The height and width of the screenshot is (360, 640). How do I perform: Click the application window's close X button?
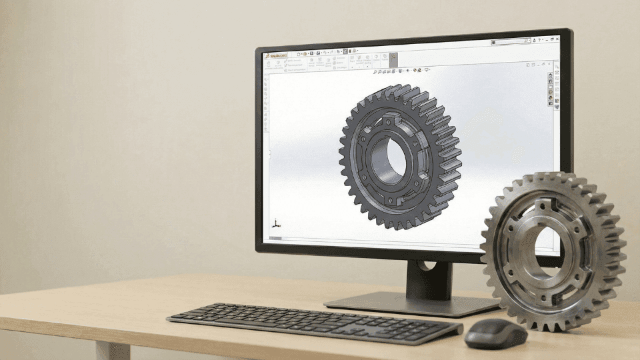pyautogui.click(x=557, y=39)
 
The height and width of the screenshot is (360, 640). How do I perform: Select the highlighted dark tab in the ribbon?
pyautogui.click(x=393, y=59)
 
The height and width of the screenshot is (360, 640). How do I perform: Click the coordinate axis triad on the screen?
pyautogui.click(x=275, y=224)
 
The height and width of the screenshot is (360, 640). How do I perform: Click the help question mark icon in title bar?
pyautogui.click(x=539, y=40)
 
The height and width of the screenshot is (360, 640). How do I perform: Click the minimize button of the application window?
pyautogui.click(x=547, y=39)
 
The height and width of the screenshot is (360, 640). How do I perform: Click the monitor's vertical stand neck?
pyautogui.click(x=427, y=277)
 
